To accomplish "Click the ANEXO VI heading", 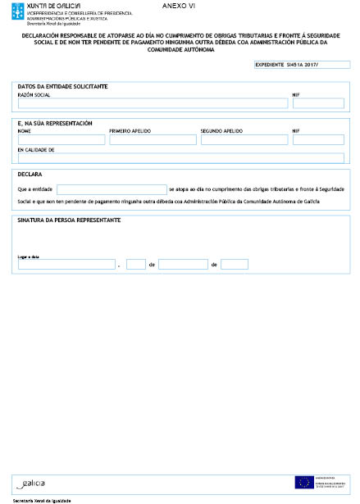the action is click(x=180, y=6).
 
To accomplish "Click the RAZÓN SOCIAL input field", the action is click(x=153, y=103).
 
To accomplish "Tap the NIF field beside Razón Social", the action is click(x=318, y=103).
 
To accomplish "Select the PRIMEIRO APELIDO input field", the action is click(x=153, y=139).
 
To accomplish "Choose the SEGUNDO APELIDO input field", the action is click(x=244, y=139).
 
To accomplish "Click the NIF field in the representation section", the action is click(x=318, y=139).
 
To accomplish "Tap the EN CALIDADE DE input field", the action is click(x=180, y=159).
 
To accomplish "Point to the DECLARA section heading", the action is click(x=30, y=175).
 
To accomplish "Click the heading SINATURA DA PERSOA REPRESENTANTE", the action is click(x=69, y=220).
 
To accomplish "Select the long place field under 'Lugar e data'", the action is click(x=66, y=264).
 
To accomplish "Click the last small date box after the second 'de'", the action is click(x=234, y=264).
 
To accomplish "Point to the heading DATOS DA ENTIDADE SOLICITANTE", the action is click(x=62, y=86).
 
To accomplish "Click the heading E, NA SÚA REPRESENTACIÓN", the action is click(x=54, y=123).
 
